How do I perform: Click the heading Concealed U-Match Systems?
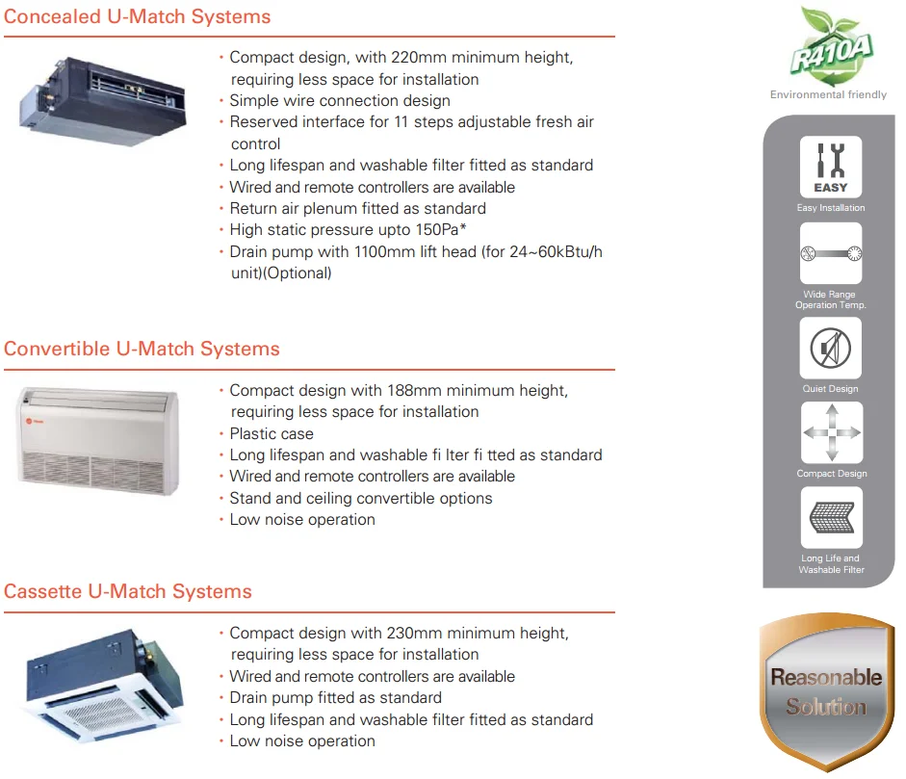coord(138,17)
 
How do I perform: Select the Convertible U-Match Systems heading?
coord(142,349)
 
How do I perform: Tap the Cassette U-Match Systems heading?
coord(128,591)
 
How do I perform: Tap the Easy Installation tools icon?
coord(830,167)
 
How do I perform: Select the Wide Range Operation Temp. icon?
coord(831,253)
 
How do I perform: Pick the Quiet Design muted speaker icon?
coord(831,348)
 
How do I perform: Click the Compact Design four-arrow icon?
coord(831,432)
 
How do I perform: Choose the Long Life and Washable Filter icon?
coord(831,517)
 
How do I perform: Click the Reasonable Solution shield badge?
coord(825,690)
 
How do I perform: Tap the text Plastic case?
coord(272,434)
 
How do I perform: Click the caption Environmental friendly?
coord(828,94)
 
